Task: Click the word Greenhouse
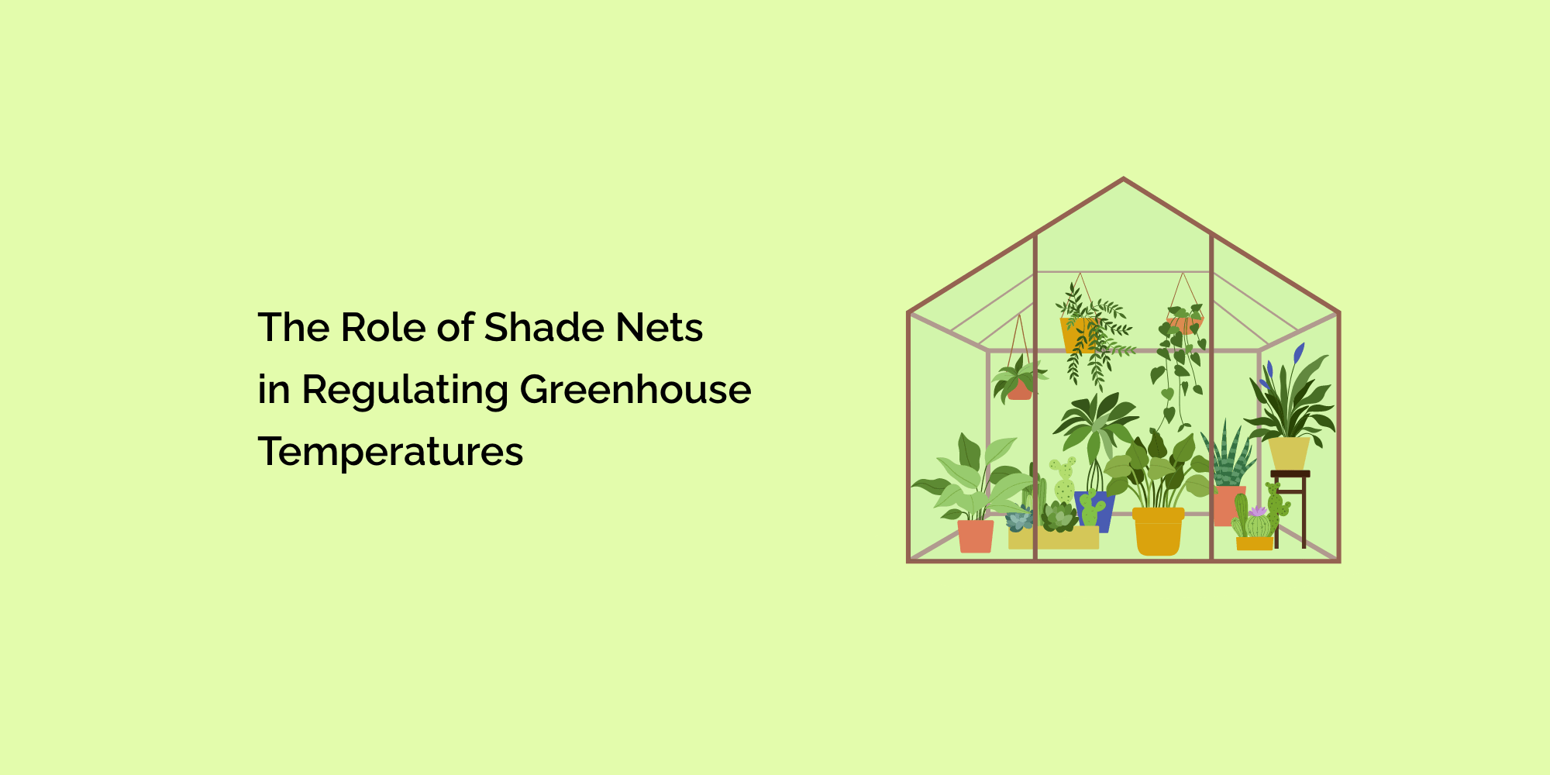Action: point(635,389)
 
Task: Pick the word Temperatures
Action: point(391,453)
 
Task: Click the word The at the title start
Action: point(294,327)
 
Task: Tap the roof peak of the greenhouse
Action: point(1124,179)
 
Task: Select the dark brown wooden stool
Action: point(1290,504)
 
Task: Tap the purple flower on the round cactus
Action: point(1257,511)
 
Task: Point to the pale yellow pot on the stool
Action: point(1289,454)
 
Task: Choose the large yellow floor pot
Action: point(1158,532)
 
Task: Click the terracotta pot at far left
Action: point(976,536)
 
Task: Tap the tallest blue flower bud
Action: point(1299,353)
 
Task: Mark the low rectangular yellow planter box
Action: point(1053,539)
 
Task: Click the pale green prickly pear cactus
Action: point(1063,480)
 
